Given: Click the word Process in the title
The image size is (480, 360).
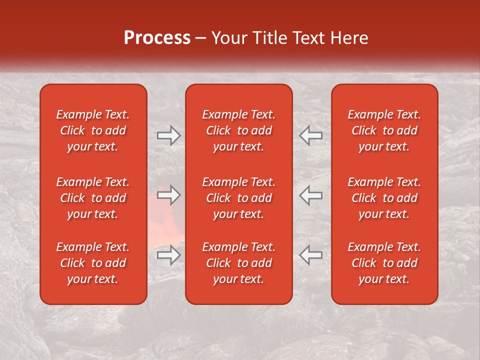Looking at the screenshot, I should click(157, 38).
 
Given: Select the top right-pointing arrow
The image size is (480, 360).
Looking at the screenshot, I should click(168, 135).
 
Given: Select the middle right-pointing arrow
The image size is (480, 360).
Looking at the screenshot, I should click(168, 195).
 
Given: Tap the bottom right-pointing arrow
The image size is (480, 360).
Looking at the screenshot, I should click(168, 255).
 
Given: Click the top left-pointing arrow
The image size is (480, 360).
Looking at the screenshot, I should click(311, 135).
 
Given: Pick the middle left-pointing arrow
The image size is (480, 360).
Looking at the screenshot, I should click(311, 195).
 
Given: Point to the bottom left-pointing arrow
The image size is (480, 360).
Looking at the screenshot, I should click(311, 255).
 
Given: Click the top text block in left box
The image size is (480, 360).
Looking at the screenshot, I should click(93, 130).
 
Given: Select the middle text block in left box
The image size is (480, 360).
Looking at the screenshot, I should click(93, 198).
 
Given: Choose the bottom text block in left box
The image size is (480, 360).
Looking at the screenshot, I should click(93, 263).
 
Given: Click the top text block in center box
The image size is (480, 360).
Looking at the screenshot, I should click(238, 130).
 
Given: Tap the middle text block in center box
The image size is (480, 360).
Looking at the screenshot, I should click(238, 198).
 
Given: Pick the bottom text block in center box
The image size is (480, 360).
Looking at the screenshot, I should click(238, 263).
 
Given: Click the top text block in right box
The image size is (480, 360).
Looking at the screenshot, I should click(384, 130).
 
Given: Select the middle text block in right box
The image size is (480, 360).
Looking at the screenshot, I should click(384, 198).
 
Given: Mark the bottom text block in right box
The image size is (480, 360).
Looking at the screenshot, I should click(384, 263).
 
